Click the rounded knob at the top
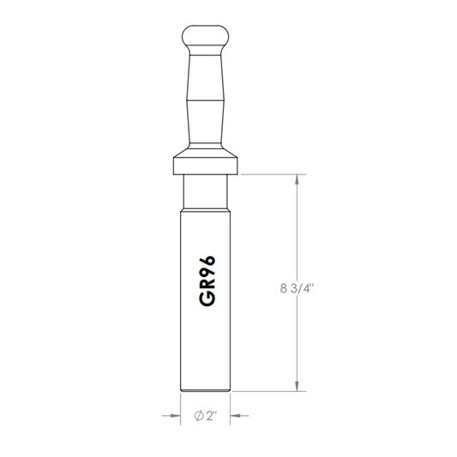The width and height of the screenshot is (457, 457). pos(205,35)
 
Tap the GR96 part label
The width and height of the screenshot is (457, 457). pos(207,281)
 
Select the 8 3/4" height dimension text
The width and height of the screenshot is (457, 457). pos(297,289)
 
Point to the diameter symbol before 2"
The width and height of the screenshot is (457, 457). pos(199,416)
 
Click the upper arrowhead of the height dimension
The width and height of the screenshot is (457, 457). pos(297,179)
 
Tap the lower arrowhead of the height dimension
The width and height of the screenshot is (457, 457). pos(297,386)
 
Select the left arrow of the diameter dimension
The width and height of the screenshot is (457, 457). pos(171,416)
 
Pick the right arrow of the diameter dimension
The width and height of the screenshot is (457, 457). pos(239,416)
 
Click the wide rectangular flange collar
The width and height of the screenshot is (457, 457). pos(206,165)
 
